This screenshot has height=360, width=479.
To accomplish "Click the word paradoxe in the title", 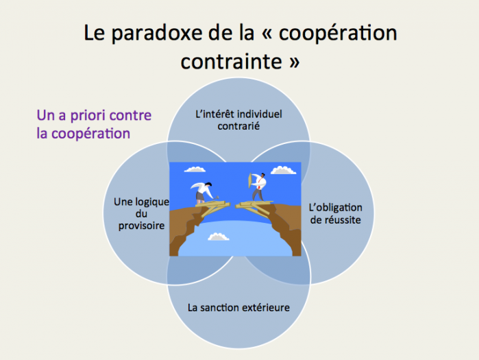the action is point(156,34).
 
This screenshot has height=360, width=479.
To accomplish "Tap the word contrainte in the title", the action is point(231,62).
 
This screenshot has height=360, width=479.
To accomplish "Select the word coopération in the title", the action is point(338,34).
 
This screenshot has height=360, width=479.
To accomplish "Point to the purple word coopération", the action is point(90,134).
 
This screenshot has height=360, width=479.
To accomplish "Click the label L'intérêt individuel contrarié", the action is point(238,120).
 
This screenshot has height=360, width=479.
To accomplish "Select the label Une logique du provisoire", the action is point(141,214).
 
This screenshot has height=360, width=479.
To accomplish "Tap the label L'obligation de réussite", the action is point(335,213).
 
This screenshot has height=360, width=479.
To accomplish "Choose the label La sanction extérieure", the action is point(238,307).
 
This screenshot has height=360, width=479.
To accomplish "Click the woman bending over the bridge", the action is point(204,193).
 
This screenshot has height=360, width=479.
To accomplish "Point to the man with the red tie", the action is point(259,187).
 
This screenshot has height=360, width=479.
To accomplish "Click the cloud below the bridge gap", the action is point(218,237).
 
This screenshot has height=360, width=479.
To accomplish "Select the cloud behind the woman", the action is point(195,169).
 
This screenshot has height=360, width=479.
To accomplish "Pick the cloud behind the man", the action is point(283,170).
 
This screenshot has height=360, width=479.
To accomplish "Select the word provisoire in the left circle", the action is point(141,226).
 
